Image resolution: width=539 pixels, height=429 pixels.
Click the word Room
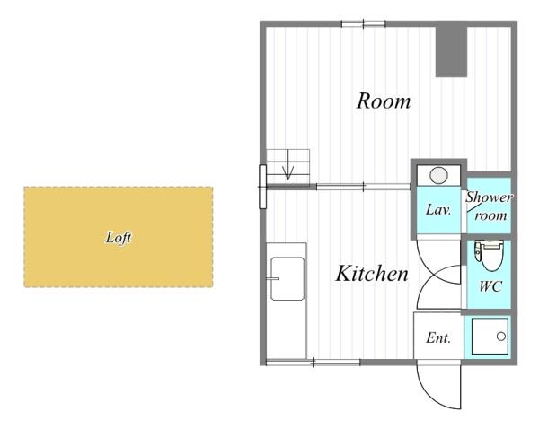[x=384, y=101]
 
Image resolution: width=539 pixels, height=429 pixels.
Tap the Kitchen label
[x=372, y=274]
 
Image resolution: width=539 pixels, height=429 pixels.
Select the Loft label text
[x=119, y=237]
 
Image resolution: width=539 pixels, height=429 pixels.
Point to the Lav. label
[x=438, y=209]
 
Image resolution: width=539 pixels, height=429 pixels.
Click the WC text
[x=490, y=286]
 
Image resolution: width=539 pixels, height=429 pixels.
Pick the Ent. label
[x=438, y=338]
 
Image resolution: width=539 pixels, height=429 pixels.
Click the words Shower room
[x=490, y=206]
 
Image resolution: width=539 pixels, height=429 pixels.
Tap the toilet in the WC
[x=489, y=255]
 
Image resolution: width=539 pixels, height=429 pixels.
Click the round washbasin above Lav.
[x=438, y=176]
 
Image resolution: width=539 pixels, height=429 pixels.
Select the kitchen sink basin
[x=287, y=279]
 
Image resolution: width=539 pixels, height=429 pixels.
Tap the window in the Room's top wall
[x=363, y=23]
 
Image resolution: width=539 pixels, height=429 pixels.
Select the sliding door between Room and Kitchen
[x=363, y=187]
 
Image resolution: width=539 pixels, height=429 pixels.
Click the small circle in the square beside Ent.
[x=501, y=337]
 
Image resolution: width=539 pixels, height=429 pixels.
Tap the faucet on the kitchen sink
[x=273, y=278]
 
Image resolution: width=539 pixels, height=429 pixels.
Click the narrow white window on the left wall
[x=262, y=187]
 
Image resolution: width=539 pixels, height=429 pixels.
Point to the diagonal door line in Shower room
[x=474, y=207]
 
